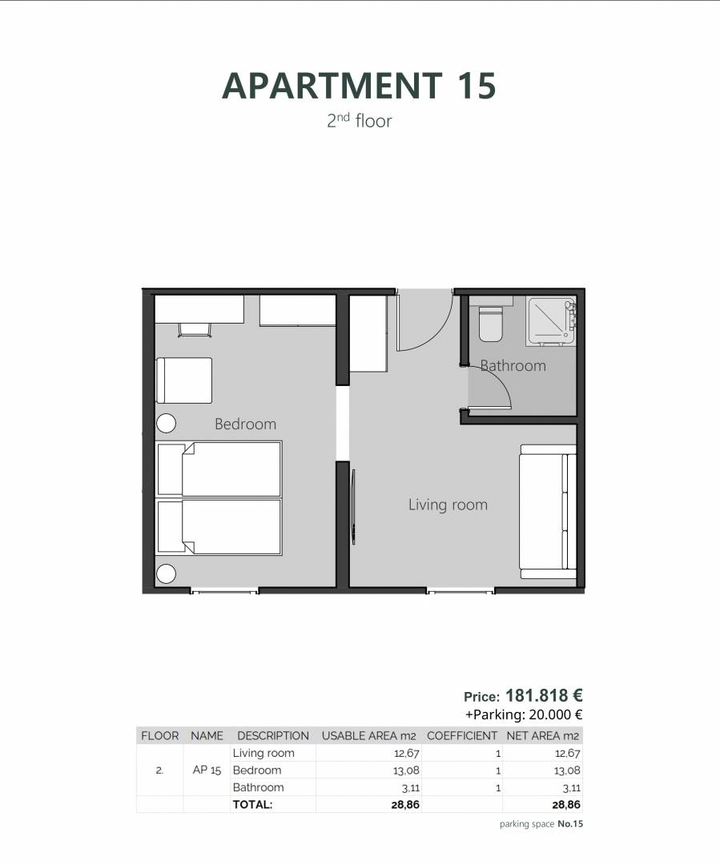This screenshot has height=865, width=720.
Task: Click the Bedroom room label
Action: pyautogui.click(x=246, y=424)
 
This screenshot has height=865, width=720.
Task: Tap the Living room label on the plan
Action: pyautogui.click(x=448, y=505)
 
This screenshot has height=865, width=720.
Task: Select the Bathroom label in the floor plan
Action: pyautogui.click(x=513, y=365)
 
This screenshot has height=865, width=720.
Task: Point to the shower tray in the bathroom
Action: pyautogui.click(x=551, y=321)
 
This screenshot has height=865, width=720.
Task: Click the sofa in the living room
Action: pyautogui.click(x=548, y=511)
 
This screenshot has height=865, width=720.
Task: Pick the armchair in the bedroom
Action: pyautogui.click(x=184, y=380)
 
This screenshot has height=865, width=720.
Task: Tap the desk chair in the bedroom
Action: pyautogui.click(x=195, y=330)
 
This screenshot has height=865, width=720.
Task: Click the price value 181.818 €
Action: pyautogui.click(x=544, y=695)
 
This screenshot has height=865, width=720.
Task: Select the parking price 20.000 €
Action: pyautogui.click(x=556, y=715)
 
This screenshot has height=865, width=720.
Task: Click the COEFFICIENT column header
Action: pyautogui.click(x=462, y=736)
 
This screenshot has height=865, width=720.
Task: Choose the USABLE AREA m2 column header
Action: pyautogui.click(x=368, y=736)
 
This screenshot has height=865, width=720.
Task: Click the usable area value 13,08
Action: pyautogui.click(x=407, y=770)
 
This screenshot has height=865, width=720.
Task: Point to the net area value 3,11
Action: pyautogui.click(x=571, y=788)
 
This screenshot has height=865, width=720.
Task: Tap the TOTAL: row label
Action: pyautogui.click(x=253, y=804)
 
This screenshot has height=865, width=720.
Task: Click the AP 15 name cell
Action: pyautogui.click(x=207, y=770)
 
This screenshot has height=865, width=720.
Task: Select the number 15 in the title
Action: pyautogui.click(x=477, y=86)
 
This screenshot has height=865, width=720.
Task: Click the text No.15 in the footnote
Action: pyautogui.click(x=570, y=823)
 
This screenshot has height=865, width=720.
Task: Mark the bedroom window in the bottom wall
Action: pyautogui.click(x=224, y=591)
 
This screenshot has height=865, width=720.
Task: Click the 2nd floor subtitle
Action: pyautogui.click(x=359, y=120)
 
